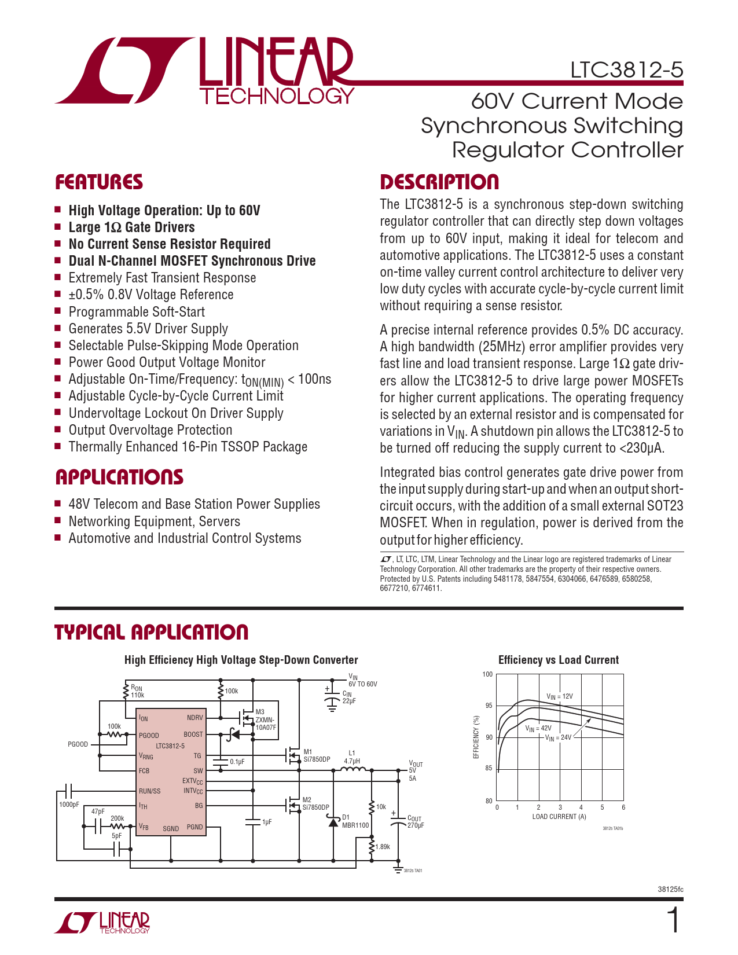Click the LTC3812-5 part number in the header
click(626, 70)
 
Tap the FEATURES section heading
click(99, 182)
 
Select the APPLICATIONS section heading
click(119, 477)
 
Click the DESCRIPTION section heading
click(439, 182)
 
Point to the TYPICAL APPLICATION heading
click(152, 632)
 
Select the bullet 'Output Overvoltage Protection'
click(150, 430)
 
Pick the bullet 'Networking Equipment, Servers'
click(154, 521)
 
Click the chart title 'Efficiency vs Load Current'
click(559, 660)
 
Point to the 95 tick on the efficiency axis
click(489, 706)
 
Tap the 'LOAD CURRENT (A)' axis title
click(559, 817)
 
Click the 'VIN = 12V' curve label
click(559, 696)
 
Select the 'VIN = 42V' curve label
click(538, 728)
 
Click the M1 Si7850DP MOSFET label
click(316, 755)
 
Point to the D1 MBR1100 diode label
click(355, 821)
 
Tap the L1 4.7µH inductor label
click(352, 757)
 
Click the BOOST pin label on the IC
click(193, 734)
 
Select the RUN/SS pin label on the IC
click(149, 791)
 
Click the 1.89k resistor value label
click(383, 847)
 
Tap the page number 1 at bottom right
click(673, 920)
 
